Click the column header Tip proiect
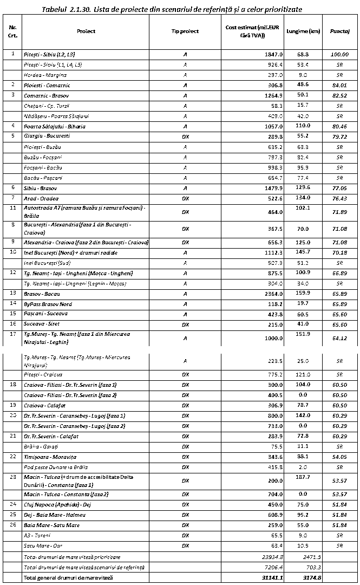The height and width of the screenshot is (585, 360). (x=185, y=31)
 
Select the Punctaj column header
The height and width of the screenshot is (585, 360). (x=339, y=31)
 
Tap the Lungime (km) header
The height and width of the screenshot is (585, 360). (x=303, y=31)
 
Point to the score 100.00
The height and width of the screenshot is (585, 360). (x=339, y=54)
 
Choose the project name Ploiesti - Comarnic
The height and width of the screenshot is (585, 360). (x=47, y=85)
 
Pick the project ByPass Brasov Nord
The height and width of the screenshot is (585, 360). (x=48, y=304)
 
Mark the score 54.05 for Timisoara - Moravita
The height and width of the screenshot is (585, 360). (x=339, y=457)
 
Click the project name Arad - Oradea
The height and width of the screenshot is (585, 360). (x=41, y=198)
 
